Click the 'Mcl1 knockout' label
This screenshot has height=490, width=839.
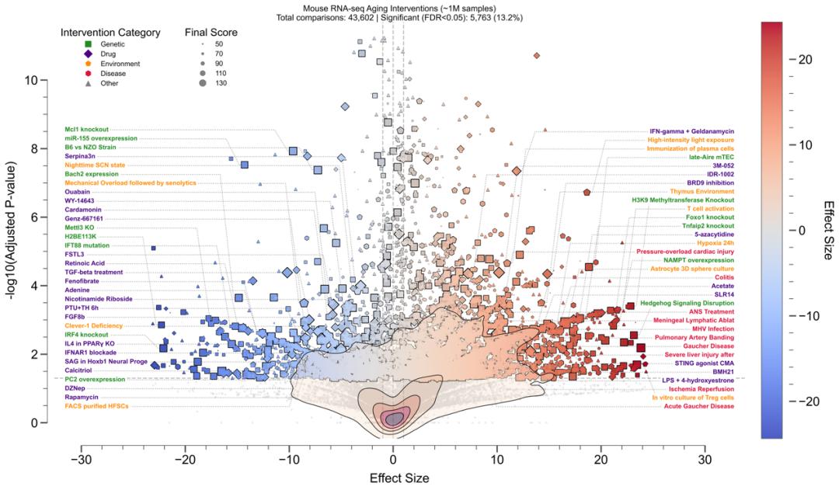coord(86,129)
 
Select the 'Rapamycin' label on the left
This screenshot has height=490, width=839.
coord(82,397)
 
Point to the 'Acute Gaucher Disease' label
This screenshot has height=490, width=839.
coord(692,406)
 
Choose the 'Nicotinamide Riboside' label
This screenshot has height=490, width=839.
coord(98,299)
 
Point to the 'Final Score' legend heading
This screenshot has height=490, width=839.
coord(211,33)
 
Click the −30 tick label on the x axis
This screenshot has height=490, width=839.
coord(81,459)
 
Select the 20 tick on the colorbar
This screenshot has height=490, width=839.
coord(800,59)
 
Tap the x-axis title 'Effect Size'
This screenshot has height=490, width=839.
coord(393,478)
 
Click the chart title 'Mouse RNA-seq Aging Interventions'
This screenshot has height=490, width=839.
coord(392,7)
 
